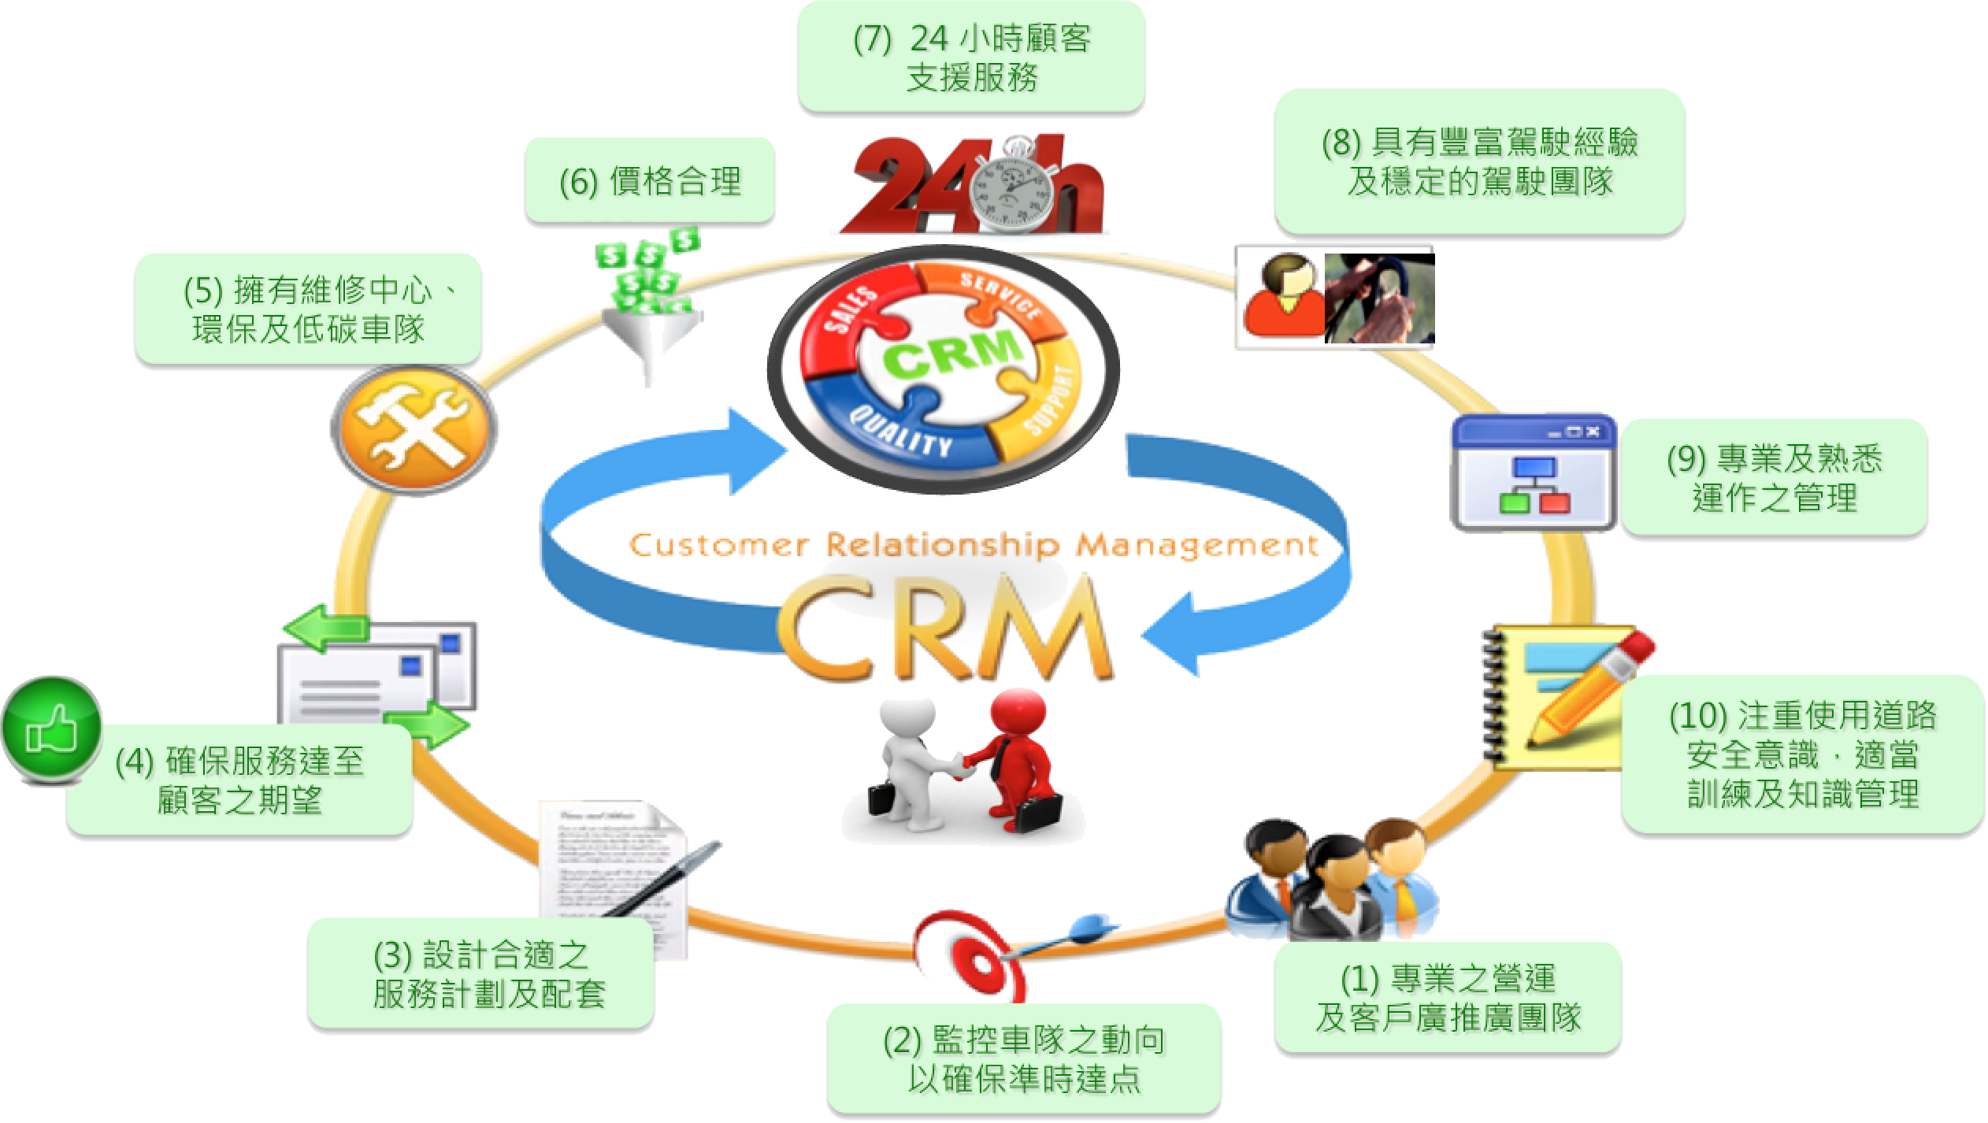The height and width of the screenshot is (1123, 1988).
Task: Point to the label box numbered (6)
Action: [x=650, y=182]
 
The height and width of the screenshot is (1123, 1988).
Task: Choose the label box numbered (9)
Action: [x=1774, y=477]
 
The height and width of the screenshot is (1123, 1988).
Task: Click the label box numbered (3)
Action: [x=480, y=974]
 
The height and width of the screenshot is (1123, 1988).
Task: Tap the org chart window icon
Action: [x=1533, y=472]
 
